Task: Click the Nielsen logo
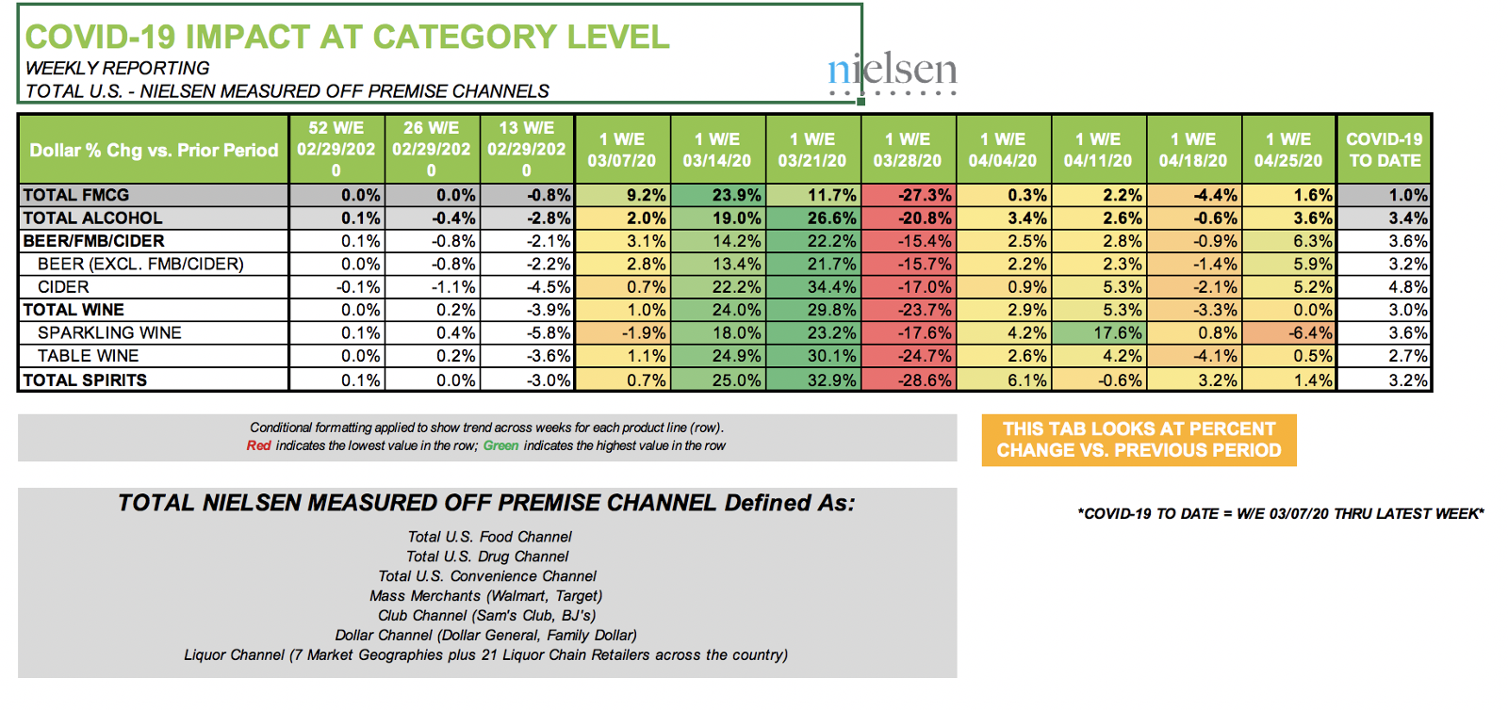coord(892,71)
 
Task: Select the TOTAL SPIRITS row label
coord(85,380)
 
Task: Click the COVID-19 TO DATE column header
coord(1384,150)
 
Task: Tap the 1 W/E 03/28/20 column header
coord(907,150)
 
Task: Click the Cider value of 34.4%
coord(813,287)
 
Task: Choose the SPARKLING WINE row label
coord(109,333)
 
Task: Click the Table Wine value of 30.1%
coord(813,356)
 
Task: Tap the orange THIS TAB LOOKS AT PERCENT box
coord(1139,440)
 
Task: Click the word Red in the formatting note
coord(258,446)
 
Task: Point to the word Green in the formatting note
coord(500,446)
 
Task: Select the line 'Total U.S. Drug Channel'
coord(487,557)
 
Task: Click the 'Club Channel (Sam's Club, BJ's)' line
coord(487,616)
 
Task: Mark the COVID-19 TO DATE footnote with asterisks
coord(1280,514)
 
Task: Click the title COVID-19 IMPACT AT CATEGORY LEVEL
coord(347,38)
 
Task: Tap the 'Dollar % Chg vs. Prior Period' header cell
coord(154,150)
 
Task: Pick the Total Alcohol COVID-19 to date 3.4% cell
coord(1385,218)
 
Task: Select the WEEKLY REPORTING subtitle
coord(118,69)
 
